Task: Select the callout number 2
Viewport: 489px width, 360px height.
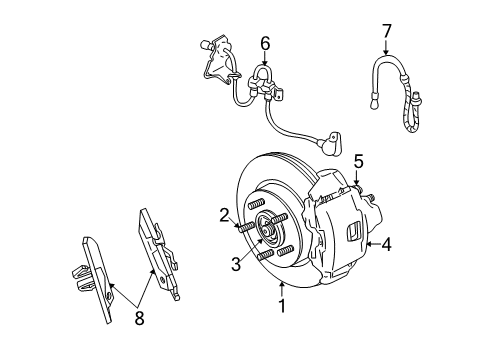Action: (225, 212)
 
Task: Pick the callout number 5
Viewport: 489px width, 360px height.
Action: (359, 161)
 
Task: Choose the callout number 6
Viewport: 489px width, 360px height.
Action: (265, 43)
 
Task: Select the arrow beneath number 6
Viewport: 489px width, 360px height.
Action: (265, 62)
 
